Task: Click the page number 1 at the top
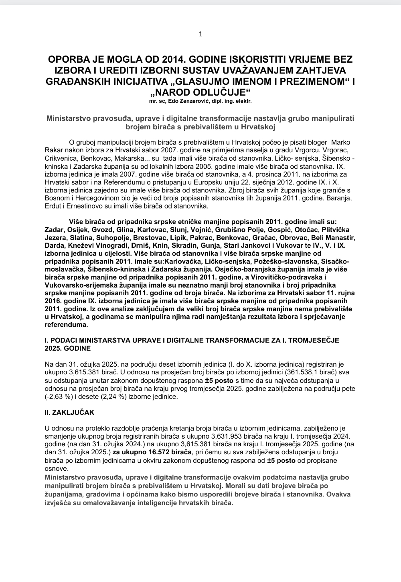point(200,34)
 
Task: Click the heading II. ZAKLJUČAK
point(69,413)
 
